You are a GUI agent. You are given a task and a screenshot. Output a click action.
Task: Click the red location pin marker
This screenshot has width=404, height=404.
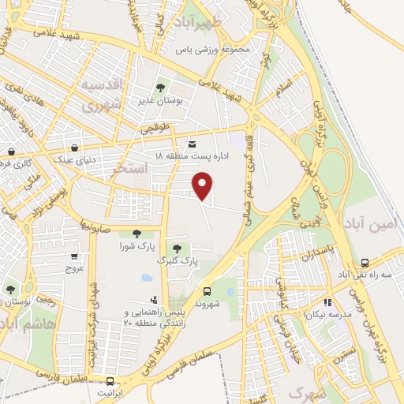pos(204,185)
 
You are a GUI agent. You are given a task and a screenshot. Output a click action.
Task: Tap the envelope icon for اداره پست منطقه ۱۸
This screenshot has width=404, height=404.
pos(193,144)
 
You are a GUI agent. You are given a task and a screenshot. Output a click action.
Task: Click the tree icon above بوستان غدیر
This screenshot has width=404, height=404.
pos(161,88)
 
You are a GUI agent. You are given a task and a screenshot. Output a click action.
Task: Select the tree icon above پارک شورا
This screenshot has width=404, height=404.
pos(137,233)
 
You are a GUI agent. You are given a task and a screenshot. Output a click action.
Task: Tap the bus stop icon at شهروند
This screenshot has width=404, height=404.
pos(207,290)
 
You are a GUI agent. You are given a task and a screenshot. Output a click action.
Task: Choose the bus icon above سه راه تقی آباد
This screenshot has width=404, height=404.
pos(364,262)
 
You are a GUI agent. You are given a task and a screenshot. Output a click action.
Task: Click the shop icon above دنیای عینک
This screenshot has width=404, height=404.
pos(75,147)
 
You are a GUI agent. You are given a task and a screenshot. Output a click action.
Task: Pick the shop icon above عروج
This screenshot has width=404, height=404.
pos(74,256)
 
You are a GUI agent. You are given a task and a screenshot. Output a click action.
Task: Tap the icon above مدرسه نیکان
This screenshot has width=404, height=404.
pos(327,301)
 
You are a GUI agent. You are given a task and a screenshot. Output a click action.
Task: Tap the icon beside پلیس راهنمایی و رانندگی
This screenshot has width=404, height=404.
pos(153,300)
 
